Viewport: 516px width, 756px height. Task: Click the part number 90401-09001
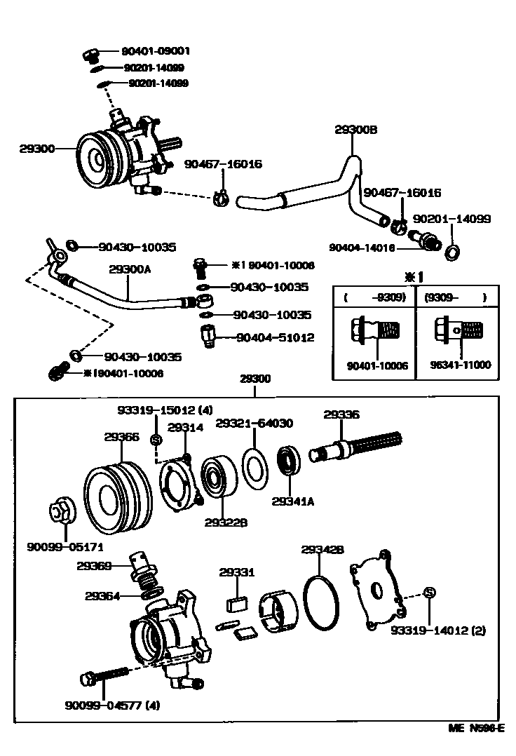tap(156, 51)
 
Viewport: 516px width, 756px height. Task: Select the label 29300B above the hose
tap(356, 130)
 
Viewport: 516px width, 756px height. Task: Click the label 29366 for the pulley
tap(122, 436)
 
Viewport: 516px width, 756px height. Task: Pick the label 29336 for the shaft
tap(341, 415)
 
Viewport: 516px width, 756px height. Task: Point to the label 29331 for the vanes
tap(237, 573)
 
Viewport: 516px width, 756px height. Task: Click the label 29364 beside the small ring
tap(103, 596)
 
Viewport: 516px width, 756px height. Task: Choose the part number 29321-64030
tap(254, 424)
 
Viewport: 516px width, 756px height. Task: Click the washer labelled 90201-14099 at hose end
tap(453, 250)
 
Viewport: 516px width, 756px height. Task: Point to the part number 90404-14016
tap(362, 248)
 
